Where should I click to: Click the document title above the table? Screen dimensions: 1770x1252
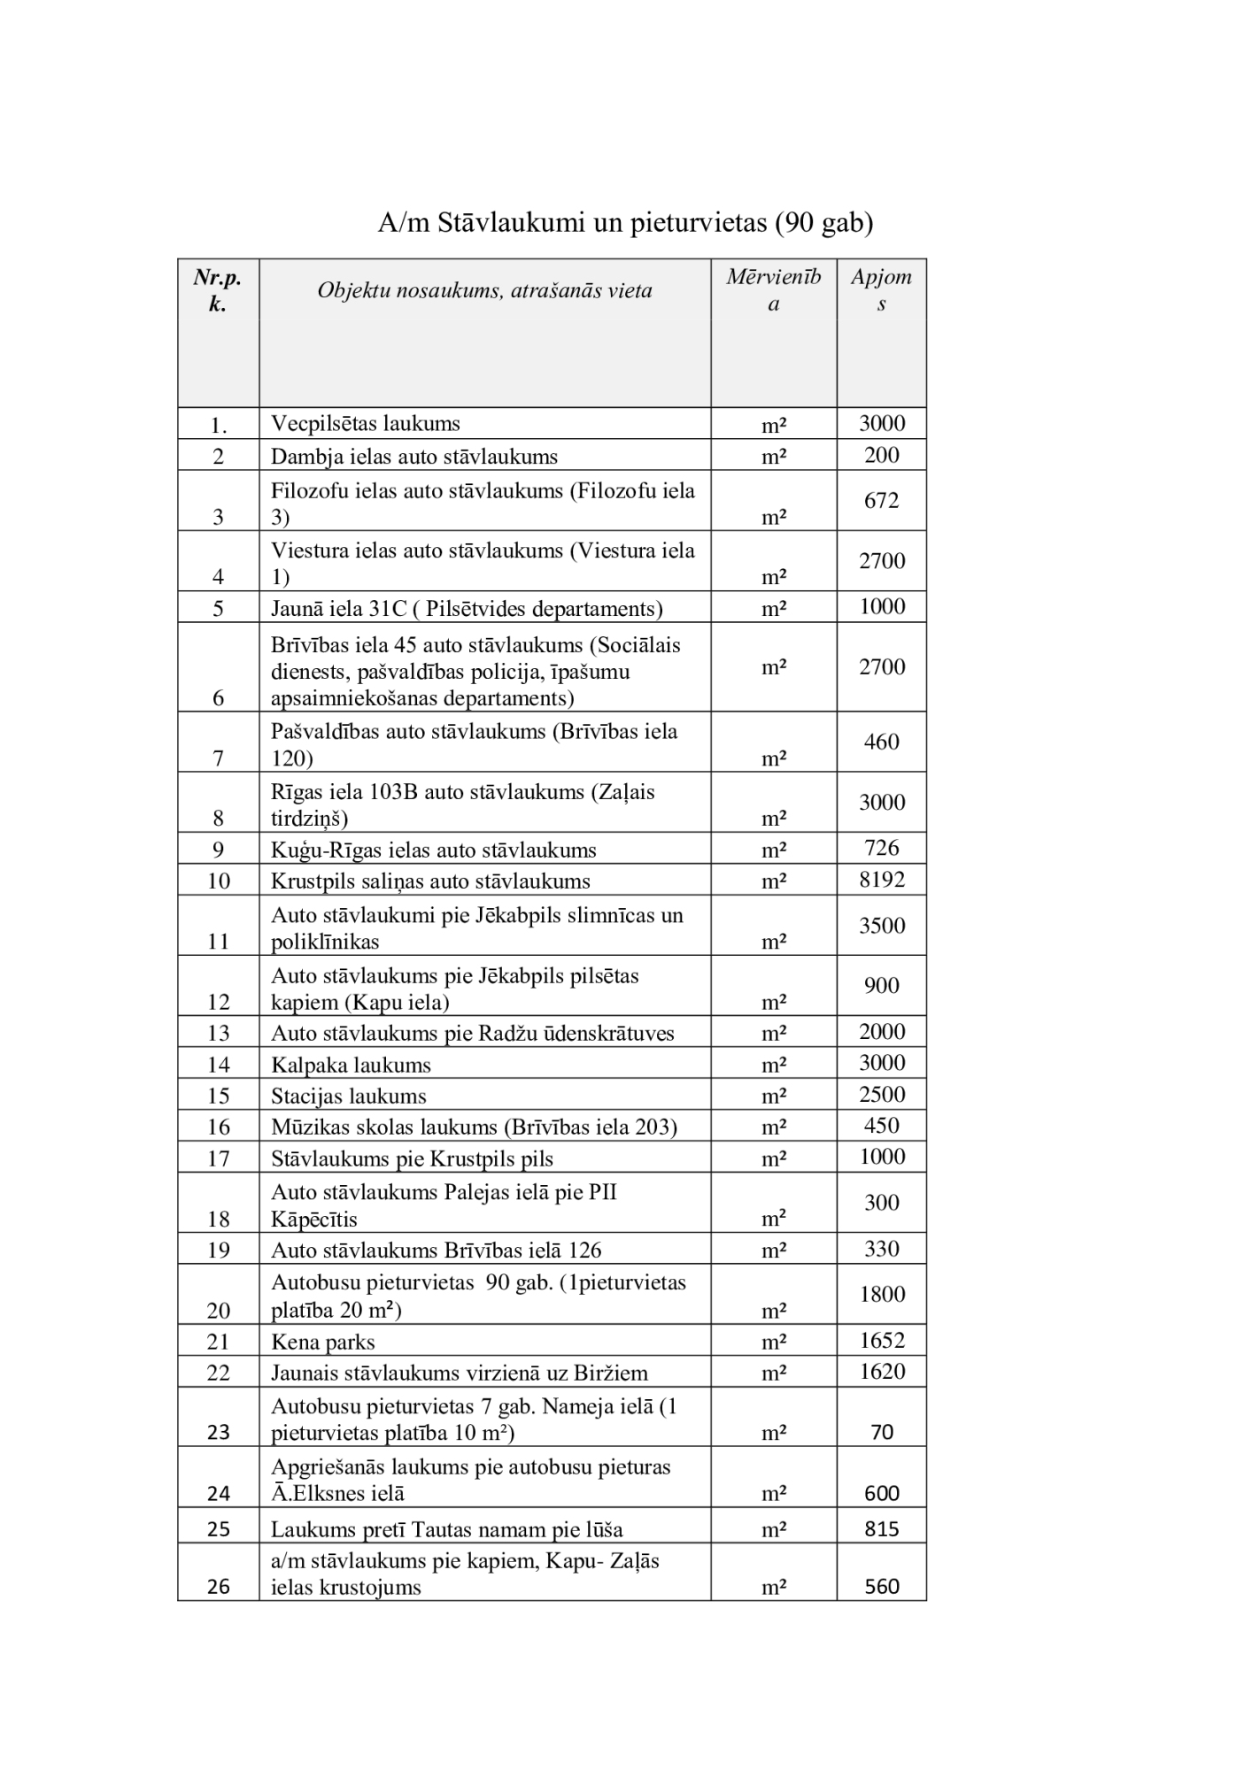(625, 222)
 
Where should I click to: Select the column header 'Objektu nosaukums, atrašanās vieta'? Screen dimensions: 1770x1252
(484, 290)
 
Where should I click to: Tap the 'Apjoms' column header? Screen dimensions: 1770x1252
(881, 289)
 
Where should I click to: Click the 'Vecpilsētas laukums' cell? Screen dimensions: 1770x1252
(366, 423)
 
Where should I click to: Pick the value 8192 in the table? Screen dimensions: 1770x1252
(882, 880)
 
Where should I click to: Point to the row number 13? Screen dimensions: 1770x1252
(218, 1034)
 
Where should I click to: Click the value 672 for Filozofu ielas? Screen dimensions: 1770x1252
(882, 500)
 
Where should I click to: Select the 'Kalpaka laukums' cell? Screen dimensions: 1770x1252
(351, 1065)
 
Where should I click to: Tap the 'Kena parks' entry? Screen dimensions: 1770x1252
(323, 1343)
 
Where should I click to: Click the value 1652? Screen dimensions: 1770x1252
(882, 1340)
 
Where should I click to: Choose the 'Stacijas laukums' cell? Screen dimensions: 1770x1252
(349, 1096)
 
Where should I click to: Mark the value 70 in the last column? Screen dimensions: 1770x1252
(882, 1432)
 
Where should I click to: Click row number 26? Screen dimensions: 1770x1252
(218, 1586)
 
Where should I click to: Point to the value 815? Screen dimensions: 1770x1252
(882, 1528)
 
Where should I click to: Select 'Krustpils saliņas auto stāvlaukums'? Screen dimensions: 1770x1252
(430, 881)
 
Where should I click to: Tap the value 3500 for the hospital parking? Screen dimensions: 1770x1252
(882, 926)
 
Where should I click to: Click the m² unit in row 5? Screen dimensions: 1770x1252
(774, 608)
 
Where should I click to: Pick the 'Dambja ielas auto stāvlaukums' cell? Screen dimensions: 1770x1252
(414, 457)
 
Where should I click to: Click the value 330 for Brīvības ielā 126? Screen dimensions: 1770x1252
(882, 1249)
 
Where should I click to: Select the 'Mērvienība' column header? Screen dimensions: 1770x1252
(774, 289)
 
